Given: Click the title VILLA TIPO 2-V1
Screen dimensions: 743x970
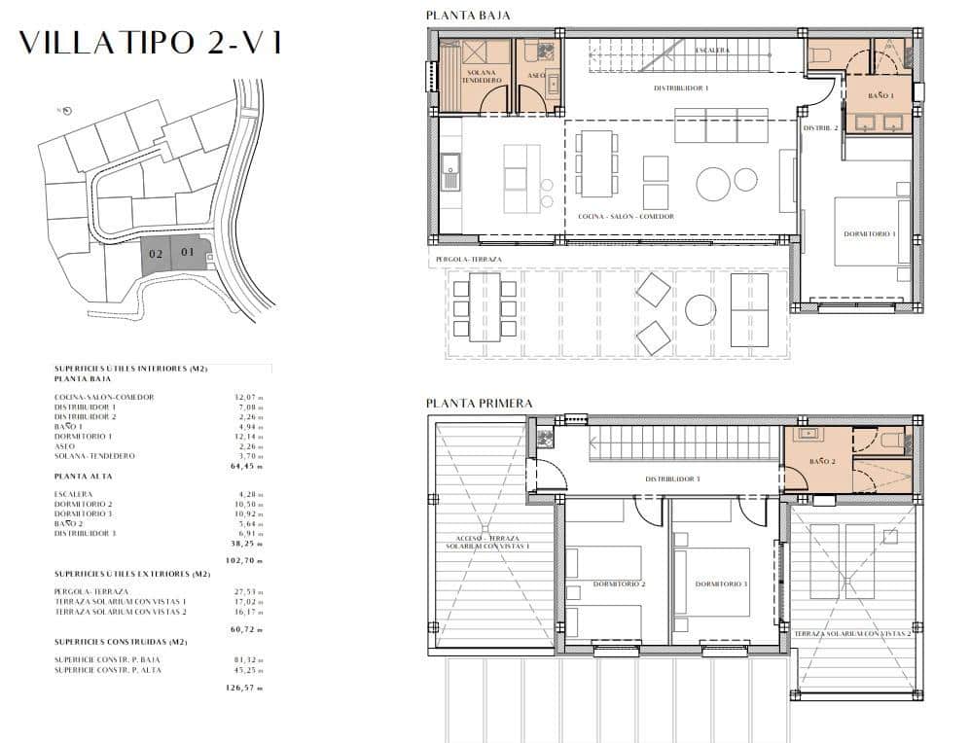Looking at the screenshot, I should (x=150, y=43).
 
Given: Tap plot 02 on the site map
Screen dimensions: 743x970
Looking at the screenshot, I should (x=156, y=254).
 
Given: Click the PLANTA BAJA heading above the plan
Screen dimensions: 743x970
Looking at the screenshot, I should (x=468, y=15).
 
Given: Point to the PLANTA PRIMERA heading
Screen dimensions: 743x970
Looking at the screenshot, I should (x=479, y=403).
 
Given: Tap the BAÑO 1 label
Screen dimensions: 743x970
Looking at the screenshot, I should (x=882, y=95).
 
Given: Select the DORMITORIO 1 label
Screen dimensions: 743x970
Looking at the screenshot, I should (x=870, y=234).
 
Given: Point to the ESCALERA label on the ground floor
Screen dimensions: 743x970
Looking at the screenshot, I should (x=712, y=50).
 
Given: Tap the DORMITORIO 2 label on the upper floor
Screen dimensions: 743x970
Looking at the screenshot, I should (x=618, y=584).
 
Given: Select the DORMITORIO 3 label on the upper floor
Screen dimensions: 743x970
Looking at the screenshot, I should (x=721, y=584).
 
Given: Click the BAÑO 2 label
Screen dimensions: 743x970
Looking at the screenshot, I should (x=822, y=461).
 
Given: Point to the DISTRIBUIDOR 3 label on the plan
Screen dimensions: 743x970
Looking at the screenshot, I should (x=672, y=478).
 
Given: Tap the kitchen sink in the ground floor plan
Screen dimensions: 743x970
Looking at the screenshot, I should (x=449, y=177).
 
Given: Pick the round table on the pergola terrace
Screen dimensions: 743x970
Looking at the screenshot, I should (x=701, y=310).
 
